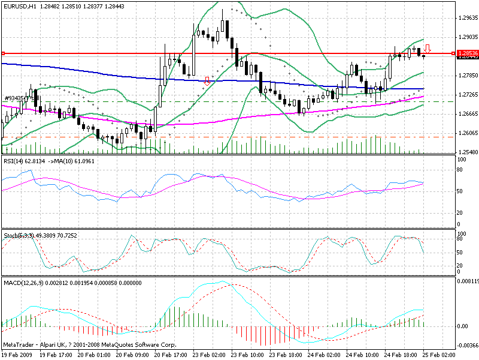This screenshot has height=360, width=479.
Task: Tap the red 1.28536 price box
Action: [466, 53]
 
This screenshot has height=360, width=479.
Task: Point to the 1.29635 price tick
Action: [465, 18]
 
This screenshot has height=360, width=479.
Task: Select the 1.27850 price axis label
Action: [465, 76]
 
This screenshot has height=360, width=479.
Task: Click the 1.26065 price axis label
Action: [465, 133]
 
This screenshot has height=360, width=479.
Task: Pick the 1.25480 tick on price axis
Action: [465, 152]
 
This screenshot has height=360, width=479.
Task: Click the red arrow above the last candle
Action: [428, 48]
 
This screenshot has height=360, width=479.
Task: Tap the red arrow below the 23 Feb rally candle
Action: [207, 80]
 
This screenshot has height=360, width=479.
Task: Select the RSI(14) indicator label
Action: [14, 161]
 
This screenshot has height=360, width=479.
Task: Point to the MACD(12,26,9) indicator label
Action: [25, 281]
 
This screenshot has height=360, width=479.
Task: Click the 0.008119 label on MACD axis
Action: [466, 280]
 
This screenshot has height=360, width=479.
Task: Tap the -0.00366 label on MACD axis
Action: [466, 345]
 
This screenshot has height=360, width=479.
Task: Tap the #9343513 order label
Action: [16, 98]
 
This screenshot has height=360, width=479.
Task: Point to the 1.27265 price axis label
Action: [465, 95]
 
